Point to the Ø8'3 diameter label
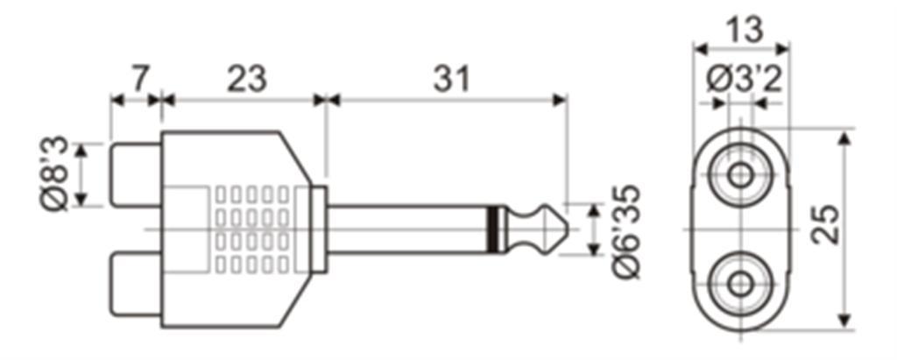[x=55, y=173]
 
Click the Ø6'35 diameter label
[x=625, y=231]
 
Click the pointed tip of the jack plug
[x=567, y=229]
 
